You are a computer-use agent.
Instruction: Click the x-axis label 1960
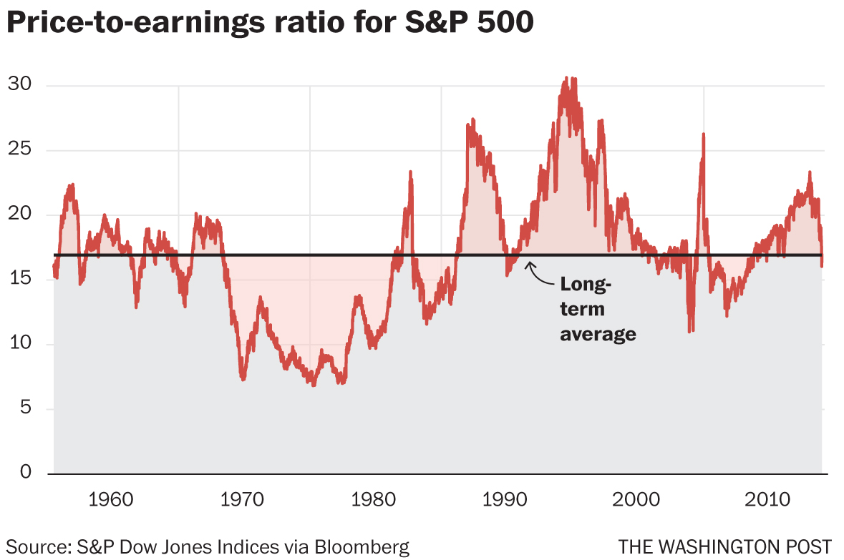pyautogui.click(x=112, y=498)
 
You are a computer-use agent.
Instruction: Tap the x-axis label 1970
pyautogui.click(x=244, y=498)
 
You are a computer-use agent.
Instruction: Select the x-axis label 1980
pyautogui.click(x=375, y=498)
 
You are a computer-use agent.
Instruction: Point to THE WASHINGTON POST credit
pyautogui.click(x=725, y=548)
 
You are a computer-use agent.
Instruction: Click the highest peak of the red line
pyautogui.click(x=566, y=78)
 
